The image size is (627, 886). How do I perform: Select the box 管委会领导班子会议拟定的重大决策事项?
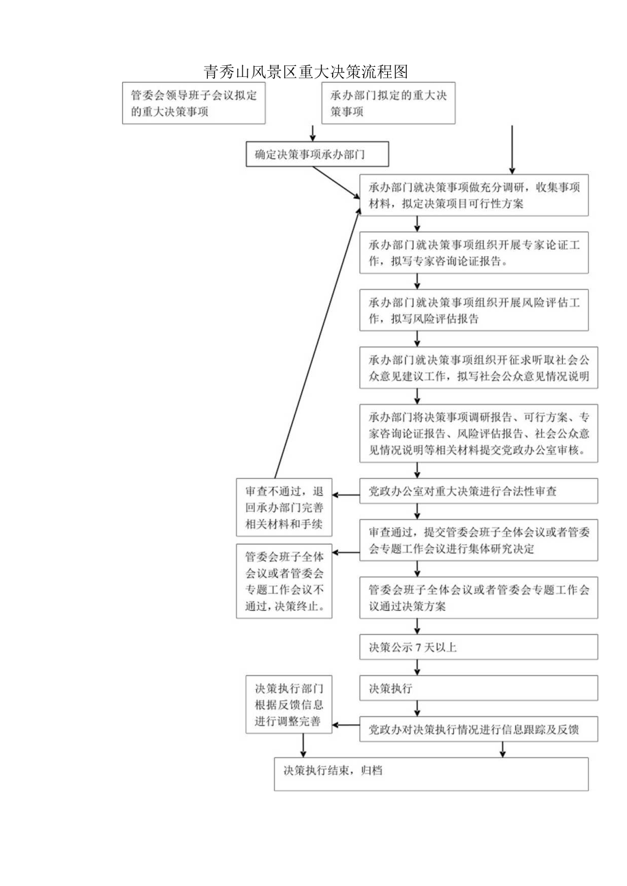pos(194,104)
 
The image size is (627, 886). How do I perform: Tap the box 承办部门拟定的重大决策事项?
pos(388,104)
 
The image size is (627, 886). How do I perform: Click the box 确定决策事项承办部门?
pos(317,155)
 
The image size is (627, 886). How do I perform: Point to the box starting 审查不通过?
pos(284,507)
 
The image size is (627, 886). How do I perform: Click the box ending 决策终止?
pos(284,581)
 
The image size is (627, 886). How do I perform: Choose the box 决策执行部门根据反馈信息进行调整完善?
pos(289,714)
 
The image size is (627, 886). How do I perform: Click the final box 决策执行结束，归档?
pos(431,774)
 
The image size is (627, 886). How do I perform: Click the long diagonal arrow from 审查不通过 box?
pos(317,341)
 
